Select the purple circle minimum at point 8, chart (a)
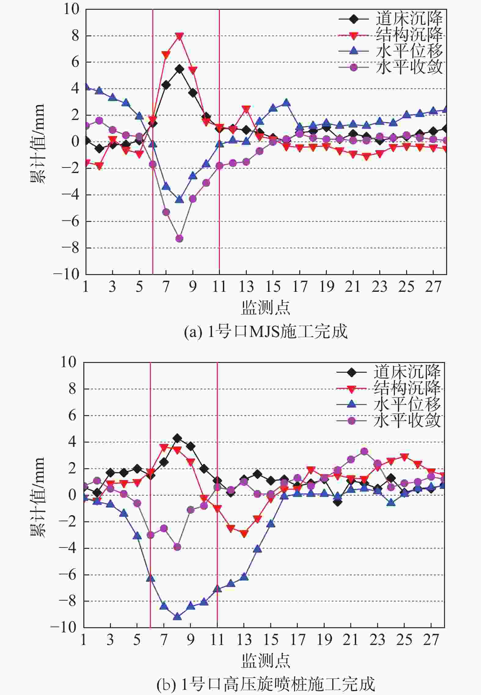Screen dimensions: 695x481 [x=179, y=238]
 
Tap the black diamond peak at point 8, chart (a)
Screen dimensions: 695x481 [x=179, y=69]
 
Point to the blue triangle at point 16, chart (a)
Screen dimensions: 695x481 [x=286, y=102]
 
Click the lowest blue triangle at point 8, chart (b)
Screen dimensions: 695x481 [x=177, y=617]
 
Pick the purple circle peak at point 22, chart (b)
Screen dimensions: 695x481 [x=364, y=451]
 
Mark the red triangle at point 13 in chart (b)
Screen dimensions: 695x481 [x=244, y=534]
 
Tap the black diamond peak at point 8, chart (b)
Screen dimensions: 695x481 [x=177, y=438]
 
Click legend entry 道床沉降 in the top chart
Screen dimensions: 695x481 [x=409, y=19]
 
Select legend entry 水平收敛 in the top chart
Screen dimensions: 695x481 [x=409, y=67]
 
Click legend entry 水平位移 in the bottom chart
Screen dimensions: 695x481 [x=407, y=404]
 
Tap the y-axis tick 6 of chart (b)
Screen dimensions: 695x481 [x=72, y=415]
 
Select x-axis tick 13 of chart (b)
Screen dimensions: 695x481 [x=244, y=640]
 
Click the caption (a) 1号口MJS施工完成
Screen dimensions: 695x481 [x=265, y=331]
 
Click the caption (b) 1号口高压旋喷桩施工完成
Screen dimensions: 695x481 [x=265, y=684]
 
